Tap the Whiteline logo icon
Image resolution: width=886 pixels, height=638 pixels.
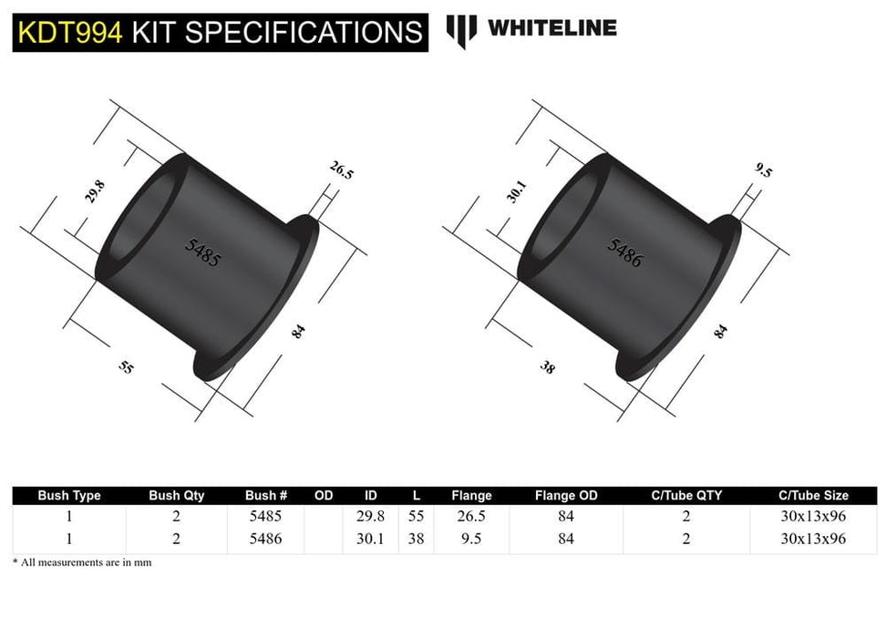[461, 30]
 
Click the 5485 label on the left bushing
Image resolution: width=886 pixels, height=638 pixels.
[201, 251]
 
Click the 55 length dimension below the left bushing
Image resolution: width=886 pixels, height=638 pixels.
[126, 367]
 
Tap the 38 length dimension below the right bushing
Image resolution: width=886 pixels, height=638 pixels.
[547, 368]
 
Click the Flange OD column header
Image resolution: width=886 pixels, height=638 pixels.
[566, 496]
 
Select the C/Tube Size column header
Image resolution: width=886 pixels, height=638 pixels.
[813, 496]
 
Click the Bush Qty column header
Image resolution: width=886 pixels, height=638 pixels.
[177, 496]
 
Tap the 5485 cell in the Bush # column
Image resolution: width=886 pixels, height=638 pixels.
[266, 516]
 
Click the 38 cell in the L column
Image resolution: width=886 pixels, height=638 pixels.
[417, 539]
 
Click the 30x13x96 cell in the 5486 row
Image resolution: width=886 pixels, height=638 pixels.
[813, 539]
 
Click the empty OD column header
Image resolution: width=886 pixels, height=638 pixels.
[324, 496]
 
